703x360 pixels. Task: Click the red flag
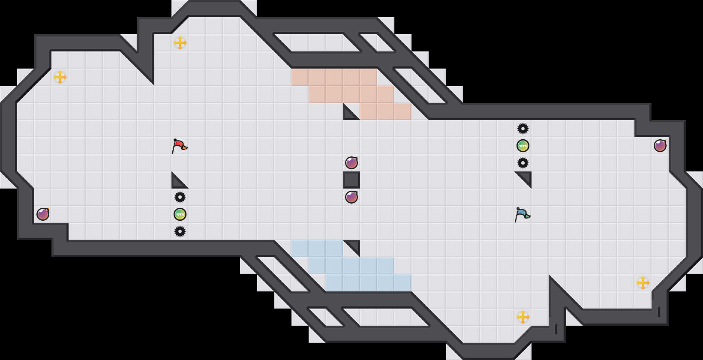tap(179, 146)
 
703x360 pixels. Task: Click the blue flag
tap(522, 214)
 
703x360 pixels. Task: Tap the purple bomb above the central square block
tap(351, 163)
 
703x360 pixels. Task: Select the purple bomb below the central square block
tap(351, 197)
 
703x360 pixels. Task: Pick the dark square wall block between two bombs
tap(351, 180)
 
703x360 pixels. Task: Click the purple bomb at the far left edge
tap(43, 214)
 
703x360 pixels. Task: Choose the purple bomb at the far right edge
tap(660, 146)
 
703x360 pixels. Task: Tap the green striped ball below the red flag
tap(180, 214)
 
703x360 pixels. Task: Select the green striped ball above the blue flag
tap(523, 146)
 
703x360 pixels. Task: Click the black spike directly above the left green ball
tap(180, 197)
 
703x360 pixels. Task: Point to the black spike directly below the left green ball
tap(180, 231)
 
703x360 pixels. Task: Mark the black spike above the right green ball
tap(523, 129)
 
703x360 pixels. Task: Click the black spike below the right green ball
tap(523, 163)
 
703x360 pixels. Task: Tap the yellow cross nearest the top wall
tap(180, 43)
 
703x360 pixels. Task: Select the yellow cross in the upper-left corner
tap(60, 77)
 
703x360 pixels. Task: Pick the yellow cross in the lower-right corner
tap(643, 283)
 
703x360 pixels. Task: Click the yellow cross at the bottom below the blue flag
tap(523, 317)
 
